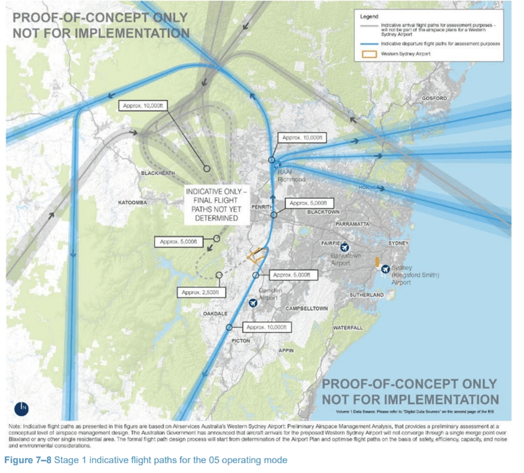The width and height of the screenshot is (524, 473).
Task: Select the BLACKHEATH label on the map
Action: click(158, 173)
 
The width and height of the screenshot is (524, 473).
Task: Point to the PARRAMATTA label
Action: click(352, 223)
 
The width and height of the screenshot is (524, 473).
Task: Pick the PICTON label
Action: click(240, 341)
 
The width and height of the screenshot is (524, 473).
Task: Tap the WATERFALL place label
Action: click(347, 327)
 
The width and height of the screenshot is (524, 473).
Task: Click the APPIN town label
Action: click(286, 351)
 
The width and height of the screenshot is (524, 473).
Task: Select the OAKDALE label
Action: click(215, 313)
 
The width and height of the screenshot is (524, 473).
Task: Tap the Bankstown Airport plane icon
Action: click(345, 246)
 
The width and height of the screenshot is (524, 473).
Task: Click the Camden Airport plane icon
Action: click(252, 303)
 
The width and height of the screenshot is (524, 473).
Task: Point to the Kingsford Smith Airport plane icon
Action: click(385, 269)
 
